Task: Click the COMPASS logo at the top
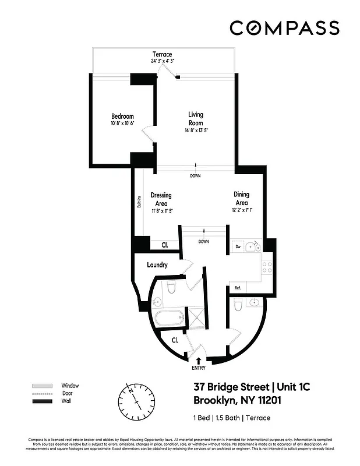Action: (284, 27)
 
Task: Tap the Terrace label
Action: (162, 55)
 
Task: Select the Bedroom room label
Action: (122, 116)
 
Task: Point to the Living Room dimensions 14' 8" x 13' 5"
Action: (195, 130)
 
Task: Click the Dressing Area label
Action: (161, 199)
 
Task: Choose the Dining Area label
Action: (242, 198)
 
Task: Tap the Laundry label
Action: (157, 265)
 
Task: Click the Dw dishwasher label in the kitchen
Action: (238, 247)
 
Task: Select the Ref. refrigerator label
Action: (238, 287)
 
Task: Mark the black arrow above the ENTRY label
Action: (199, 361)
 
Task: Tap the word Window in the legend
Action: (70, 386)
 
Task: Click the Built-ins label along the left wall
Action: (139, 201)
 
